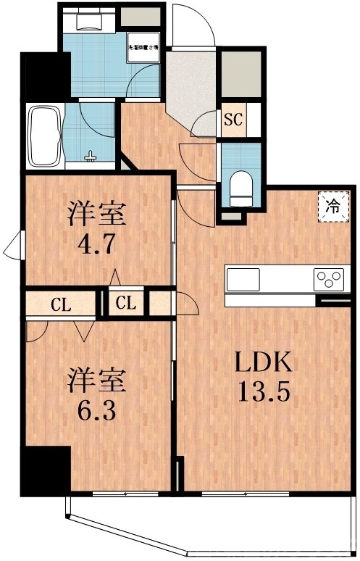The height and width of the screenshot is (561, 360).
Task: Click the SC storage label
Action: [x=233, y=120]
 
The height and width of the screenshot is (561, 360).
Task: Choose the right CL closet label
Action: [x=127, y=304]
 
